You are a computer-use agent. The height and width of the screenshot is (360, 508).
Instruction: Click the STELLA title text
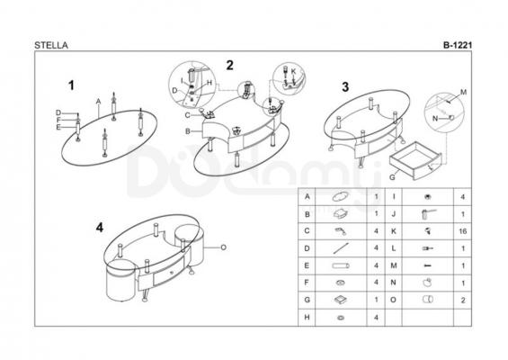pos(51,45)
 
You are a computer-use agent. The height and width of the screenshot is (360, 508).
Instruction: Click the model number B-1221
pos(458,45)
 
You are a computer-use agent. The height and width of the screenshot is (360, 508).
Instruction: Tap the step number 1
pos(71,85)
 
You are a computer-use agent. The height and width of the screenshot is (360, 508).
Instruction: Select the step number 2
pos(229,66)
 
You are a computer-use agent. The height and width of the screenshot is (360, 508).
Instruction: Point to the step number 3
pos(345,87)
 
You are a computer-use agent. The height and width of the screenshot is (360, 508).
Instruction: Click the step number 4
pos(100,228)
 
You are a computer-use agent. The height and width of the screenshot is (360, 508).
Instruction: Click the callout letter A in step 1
pos(99,102)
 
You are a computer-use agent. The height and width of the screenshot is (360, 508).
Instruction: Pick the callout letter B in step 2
pos(188,131)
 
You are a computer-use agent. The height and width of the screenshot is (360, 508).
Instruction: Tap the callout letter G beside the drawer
pos(392,177)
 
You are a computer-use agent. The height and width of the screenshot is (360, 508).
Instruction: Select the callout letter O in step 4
pos(223,247)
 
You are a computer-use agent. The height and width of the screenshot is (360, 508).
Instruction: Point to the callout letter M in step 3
pos(464,92)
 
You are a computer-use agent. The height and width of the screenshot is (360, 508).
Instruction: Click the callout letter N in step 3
pos(435,119)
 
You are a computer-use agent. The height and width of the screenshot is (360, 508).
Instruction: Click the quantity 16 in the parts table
pos(463,231)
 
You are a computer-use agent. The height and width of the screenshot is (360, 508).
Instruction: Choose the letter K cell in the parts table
pos(394,231)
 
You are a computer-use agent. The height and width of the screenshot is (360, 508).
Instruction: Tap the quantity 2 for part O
pos(463,301)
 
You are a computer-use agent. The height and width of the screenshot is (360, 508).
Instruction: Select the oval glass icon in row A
pos(341,196)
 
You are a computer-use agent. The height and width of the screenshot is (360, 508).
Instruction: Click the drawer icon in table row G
pos(341,300)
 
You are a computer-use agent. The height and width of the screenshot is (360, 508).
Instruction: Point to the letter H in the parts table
pos(307,318)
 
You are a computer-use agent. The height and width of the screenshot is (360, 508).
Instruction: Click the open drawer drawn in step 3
pos(415,160)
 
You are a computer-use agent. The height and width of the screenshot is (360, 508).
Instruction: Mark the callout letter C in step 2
pos(188,115)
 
